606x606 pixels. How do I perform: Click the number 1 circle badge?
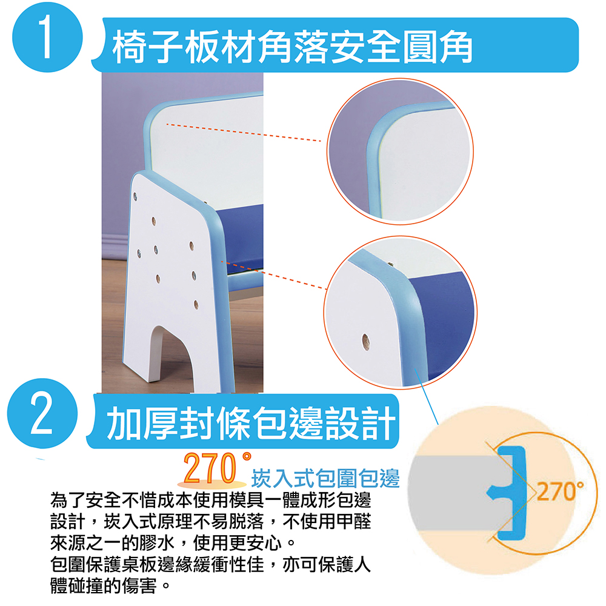47,38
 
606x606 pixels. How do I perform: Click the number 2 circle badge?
42,413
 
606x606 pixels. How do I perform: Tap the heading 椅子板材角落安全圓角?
293,47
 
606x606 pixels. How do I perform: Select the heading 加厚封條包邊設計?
251,422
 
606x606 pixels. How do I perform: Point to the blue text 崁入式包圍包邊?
325,478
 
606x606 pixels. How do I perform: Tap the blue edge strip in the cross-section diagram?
510,493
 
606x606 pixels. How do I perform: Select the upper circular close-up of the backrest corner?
400,151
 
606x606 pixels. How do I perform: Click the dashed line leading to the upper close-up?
244,133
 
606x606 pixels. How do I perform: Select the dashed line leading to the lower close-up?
274,275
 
